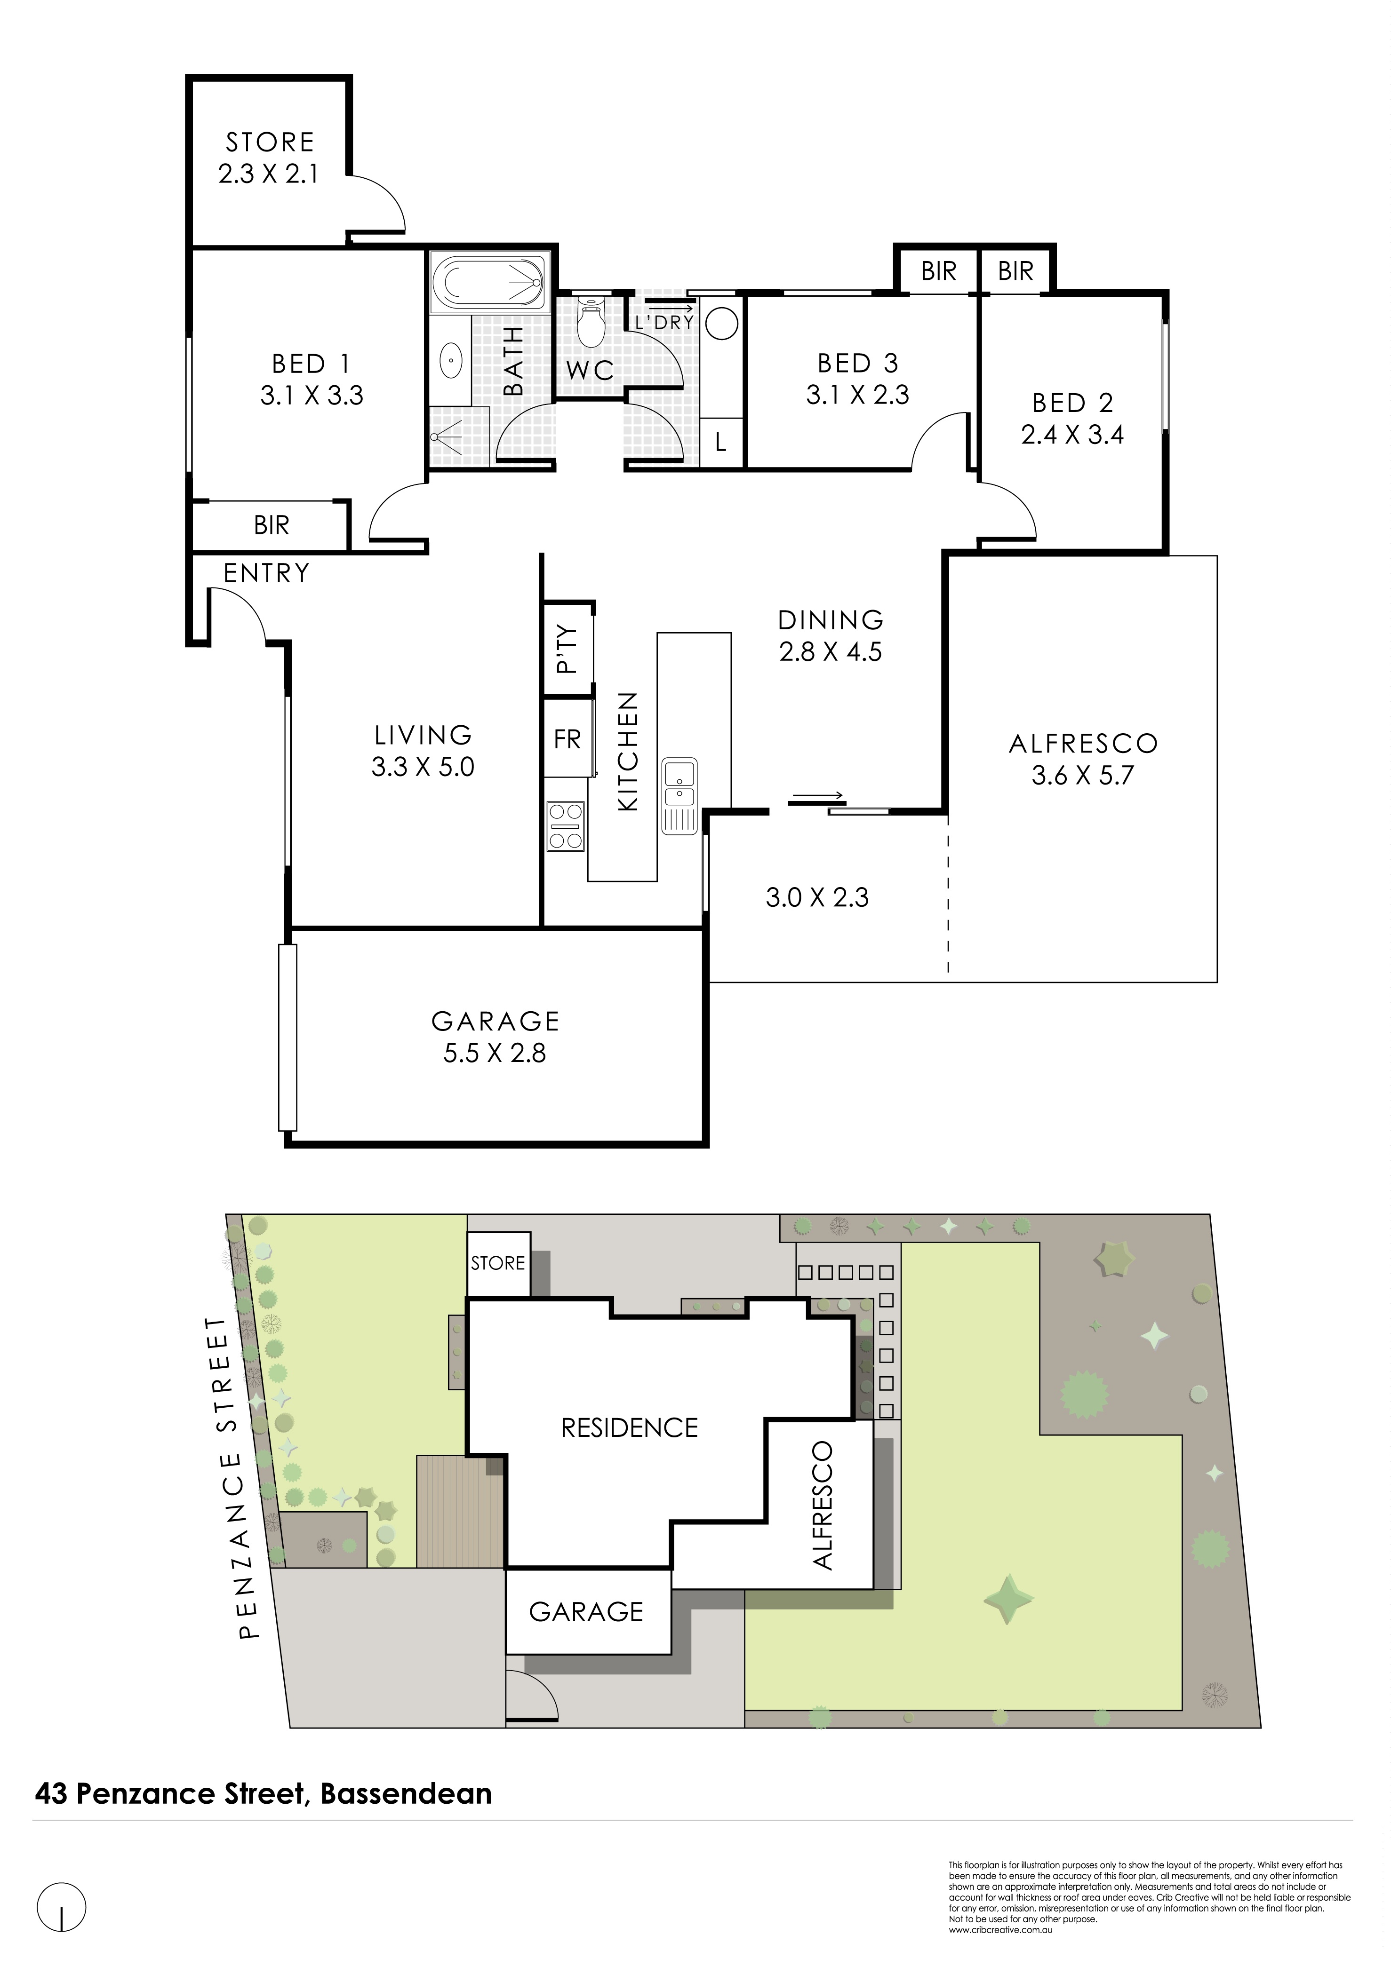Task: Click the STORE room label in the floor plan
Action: point(270,142)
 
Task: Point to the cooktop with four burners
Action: point(566,826)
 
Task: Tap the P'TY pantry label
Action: point(567,649)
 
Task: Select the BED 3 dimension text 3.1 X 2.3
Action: point(857,395)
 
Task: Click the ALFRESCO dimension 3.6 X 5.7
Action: point(1083,776)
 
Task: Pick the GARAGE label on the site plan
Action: point(587,1612)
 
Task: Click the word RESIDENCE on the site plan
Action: point(630,1427)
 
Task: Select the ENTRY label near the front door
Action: point(266,573)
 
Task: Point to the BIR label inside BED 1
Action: point(272,525)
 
